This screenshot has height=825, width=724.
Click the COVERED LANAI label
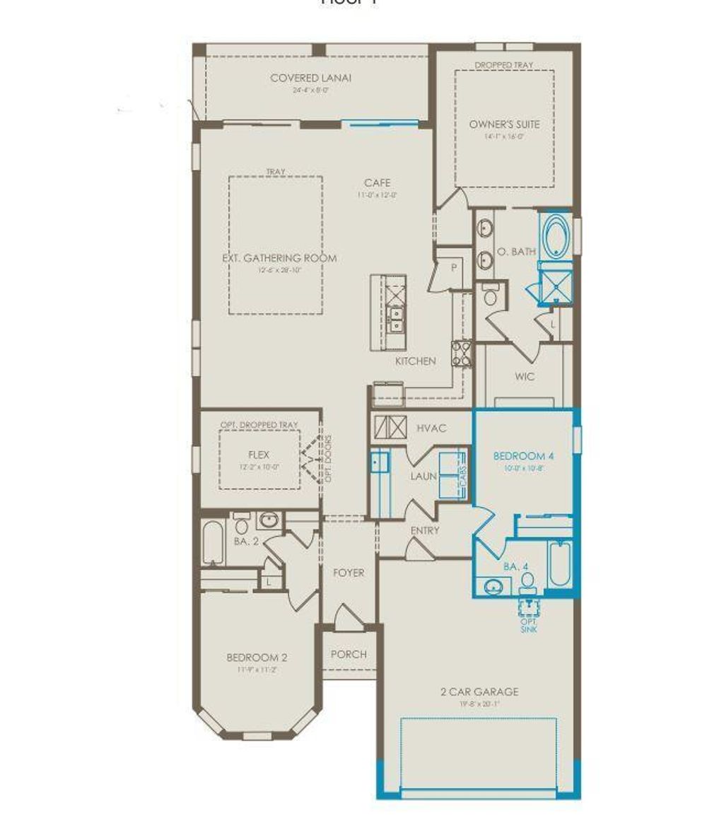[310, 78]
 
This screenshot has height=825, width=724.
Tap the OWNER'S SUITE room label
[504, 124]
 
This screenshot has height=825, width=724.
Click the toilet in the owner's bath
[491, 295]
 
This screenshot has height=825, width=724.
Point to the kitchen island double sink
[396, 321]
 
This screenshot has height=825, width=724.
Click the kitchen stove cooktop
[462, 353]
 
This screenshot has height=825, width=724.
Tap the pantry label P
[453, 267]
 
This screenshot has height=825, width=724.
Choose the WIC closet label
[525, 377]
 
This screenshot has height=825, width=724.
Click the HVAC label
[431, 428]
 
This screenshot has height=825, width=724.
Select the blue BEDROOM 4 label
[522, 456]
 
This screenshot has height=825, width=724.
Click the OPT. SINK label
[529, 624]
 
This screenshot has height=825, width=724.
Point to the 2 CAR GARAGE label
[479, 691]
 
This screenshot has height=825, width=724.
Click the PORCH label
[349, 654]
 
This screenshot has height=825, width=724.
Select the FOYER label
[349, 573]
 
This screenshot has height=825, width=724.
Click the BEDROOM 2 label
[257, 657]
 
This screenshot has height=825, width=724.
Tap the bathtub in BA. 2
[212, 542]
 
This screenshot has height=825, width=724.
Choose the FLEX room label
[258, 455]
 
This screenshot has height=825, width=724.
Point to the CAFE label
[377, 182]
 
